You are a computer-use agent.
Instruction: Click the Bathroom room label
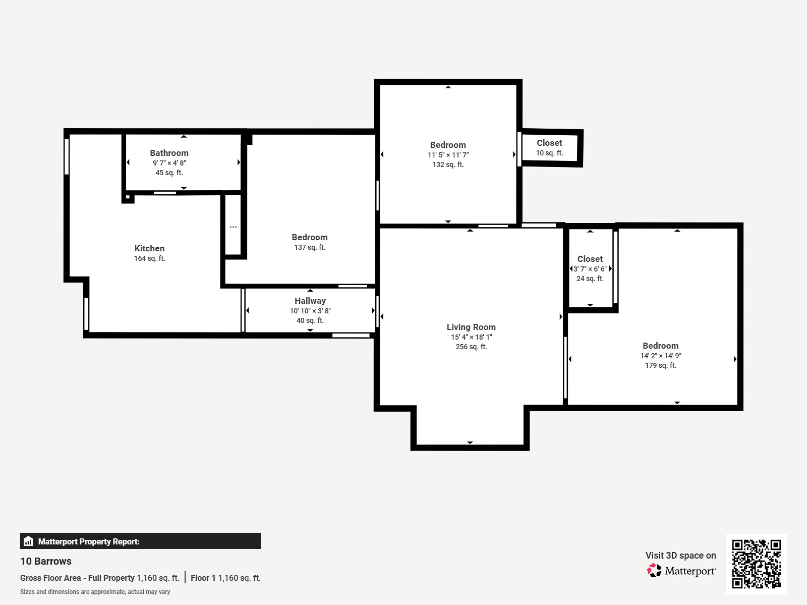point(169,153)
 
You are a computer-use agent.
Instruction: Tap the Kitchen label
point(149,248)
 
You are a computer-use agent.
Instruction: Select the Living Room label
point(471,327)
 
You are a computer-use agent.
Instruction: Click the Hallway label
point(310,301)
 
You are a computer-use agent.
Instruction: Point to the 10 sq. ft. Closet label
point(549,143)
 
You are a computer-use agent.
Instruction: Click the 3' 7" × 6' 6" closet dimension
point(590,269)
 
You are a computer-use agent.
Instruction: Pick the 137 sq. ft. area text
point(310,247)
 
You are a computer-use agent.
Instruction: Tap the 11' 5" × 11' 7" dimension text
point(448,155)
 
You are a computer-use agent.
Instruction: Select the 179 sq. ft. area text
point(660,365)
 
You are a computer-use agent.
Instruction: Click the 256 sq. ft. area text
point(471,347)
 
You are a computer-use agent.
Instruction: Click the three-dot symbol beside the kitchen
point(233,227)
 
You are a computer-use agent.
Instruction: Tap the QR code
point(756,564)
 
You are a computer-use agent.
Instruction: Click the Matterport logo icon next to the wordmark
point(654,571)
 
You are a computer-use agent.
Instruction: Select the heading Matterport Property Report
point(89,541)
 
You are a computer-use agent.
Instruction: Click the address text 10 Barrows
point(46,561)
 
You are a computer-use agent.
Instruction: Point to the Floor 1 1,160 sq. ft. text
point(225,578)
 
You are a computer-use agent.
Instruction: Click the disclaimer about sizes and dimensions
point(95,592)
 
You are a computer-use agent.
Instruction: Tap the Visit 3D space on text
point(680,555)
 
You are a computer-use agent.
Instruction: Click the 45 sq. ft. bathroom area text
point(169,173)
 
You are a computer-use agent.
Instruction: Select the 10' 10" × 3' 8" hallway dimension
point(310,311)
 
